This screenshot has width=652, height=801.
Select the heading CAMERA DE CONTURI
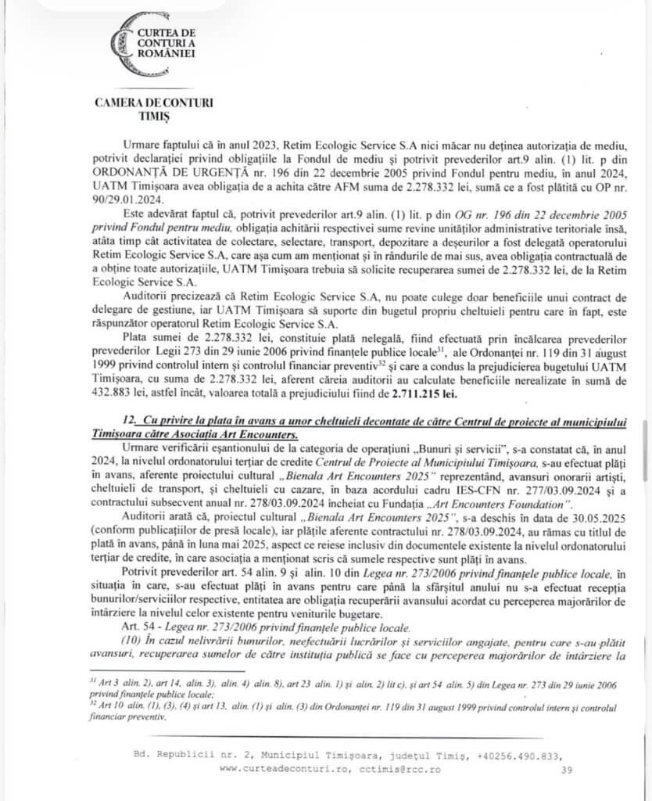(153, 102)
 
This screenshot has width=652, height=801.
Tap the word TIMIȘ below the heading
(153, 116)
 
